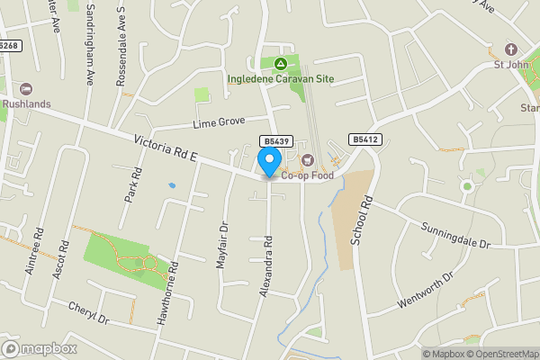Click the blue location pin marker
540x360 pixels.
(268, 162)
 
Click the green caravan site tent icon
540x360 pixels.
(281, 64)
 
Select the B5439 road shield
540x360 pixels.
(275, 141)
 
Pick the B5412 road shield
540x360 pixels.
(364, 139)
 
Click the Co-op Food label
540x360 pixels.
(307, 175)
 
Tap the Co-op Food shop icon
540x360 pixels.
(308, 160)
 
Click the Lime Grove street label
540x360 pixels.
(220, 121)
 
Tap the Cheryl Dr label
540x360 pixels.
(87, 312)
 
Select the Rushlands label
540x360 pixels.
(26, 103)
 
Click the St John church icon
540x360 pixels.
(512, 49)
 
